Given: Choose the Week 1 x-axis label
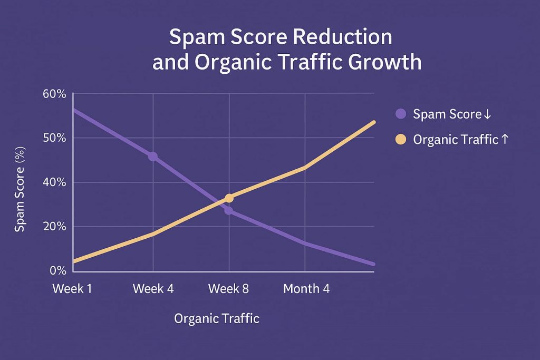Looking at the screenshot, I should (73, 289).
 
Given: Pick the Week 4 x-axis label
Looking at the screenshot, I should (153, 289).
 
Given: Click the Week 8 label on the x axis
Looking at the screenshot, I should (229, 289).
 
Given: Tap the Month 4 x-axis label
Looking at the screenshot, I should (306, 289).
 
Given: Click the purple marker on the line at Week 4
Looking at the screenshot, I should (153, 156).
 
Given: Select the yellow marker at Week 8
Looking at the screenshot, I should (229, 198).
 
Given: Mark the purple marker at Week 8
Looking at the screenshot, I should (228, 211).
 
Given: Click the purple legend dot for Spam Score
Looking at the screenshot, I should (400, 114).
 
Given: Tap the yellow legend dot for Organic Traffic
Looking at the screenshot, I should (400, 140).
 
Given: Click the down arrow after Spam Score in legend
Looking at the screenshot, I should (487, 114).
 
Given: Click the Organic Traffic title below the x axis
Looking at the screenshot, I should (216, 319).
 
